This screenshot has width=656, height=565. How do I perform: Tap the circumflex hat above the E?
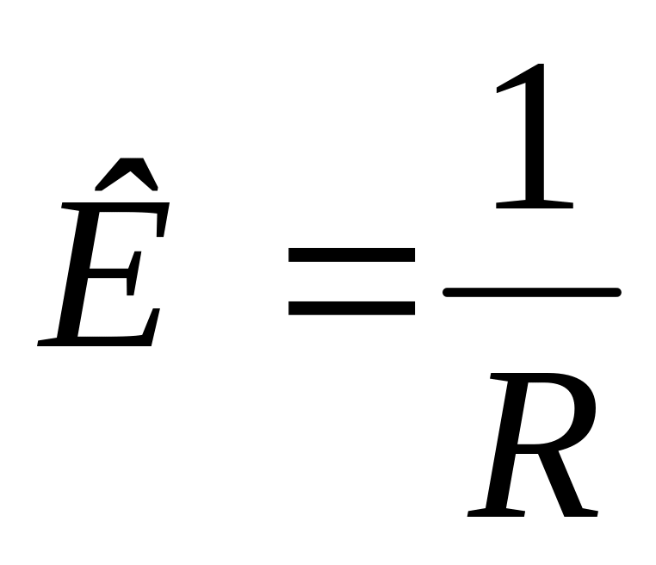tap(126, 173)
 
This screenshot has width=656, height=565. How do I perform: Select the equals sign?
tap(351, 281)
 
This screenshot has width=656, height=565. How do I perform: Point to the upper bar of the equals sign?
tap(351, 256)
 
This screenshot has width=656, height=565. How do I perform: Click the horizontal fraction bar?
tap(531, 293)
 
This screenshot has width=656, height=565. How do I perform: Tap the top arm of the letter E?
tap(129, 213)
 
